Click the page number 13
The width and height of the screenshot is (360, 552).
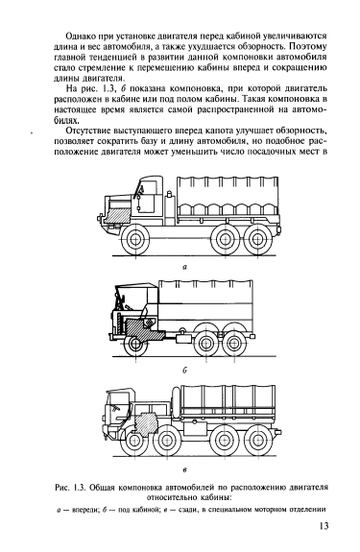coord(324,526)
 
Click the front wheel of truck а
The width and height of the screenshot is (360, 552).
coord(134,240)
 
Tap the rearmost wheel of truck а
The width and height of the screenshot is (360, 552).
coord(258,240)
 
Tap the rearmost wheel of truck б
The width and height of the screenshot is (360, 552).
coord(232,344)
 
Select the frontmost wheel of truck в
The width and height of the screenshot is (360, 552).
coord(133,442)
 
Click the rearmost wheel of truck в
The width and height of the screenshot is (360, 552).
coord(258,441)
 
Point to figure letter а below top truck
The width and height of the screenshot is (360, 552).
coord(184,268)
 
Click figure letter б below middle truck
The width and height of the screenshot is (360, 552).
coord(184,370)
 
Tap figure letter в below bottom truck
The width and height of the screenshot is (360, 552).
coord(184,469)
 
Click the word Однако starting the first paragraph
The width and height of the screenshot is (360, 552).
coord(79,36)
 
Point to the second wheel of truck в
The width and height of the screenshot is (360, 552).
coord(166,442)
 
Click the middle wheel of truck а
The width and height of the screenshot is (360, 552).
coord(225,240)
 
